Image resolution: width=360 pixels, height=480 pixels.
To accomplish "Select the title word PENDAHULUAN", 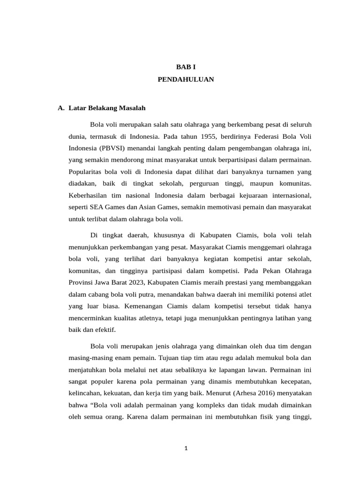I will coord(186,80).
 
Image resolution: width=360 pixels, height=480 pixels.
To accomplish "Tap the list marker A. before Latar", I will coord(61,108).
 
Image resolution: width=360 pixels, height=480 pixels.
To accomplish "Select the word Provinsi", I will coord(81,283).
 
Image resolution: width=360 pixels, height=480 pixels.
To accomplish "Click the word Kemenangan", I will coord(139,306).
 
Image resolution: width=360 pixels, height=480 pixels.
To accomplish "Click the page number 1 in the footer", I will coord(186,448).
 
